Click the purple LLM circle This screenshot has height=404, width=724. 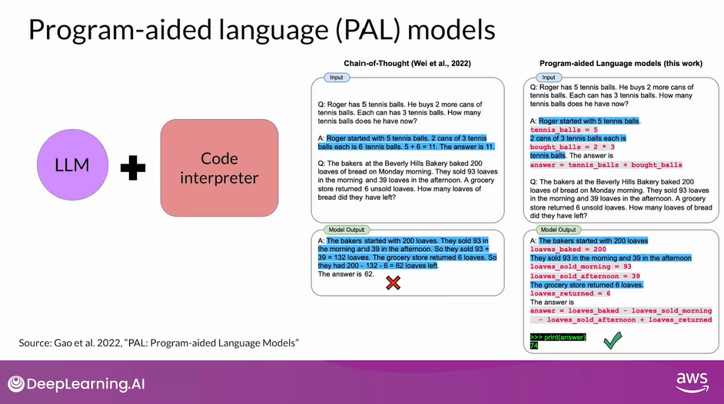pyautogui.click(x=72, y=164)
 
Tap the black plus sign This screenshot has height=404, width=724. pyautogui.click(x=133, y=168)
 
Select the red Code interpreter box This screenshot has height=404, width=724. pyautogui.click(x=219, y=168)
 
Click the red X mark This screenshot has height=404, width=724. pyautogui.click(x=393, y=283)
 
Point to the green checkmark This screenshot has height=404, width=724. pyautogui.click(x=613, y=340)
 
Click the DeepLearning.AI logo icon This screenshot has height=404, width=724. pyautogui.click(x=15, y=384)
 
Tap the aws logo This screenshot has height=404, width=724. pyautogui.click(x=692, y=382)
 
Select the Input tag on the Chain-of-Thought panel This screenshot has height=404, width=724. pyautogui.click(x=336, y=78)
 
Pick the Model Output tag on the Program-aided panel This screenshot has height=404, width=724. pyautogui.click(x=558, y=230)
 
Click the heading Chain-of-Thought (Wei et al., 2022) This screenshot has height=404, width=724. pyautogui.click(x=407, y=64)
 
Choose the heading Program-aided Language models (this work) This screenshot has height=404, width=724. pyautogui.click(x=621, y=64)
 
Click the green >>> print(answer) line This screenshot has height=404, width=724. pyautogui.click(x=558, y=337)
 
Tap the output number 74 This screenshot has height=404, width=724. pyautogui.click(x=534, y=346)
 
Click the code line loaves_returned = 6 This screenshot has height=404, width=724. pyautogui.click(x=570, y=293)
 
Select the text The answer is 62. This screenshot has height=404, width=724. pyautogui.click(x=346, y=274)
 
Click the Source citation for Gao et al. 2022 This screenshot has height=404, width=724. pyautogui.click(x=159, y=343)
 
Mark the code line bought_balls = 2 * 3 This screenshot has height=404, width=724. pyautogui.click(x=573, y=147)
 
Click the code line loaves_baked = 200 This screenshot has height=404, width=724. pyautogui.click(x=568, y=249)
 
